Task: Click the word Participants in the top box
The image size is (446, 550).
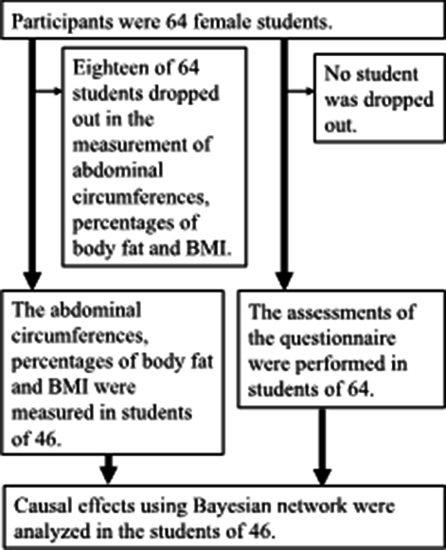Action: pyautogui.click(x=62, y=23)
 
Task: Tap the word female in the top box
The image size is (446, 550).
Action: pyautogui.click(x=223, y=22)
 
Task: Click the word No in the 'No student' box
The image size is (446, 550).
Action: pyautogui.click(x=335, y=74)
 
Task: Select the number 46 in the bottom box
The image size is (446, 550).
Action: pyautogui.click(x=259, y=532)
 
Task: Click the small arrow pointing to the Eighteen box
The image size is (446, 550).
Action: pyautogui.click(x=49, y=92)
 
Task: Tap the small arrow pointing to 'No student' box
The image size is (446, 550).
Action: pyautogui.click(x=301, y=92)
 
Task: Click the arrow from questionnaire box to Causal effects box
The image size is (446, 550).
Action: pyautogui.click(x=323, y=447)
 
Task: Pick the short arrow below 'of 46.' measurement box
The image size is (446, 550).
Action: pyautogui.click(x=109, y=470)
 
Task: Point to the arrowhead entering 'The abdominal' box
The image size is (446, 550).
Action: pyautogui.click(x=32, y=280)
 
